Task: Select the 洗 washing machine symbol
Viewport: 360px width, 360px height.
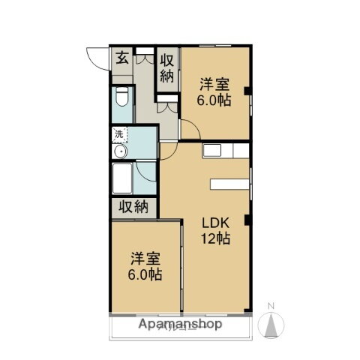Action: click(119, 135)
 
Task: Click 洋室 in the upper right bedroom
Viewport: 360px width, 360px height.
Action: click(213, 85)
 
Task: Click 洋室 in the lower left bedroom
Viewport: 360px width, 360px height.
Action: click(145, 259)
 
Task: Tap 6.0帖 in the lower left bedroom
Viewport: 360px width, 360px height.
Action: click(145, 275)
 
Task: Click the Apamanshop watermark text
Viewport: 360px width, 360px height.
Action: click(180, 325)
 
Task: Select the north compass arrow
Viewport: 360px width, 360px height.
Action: click(271, 324)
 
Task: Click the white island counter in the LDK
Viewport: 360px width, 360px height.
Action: click(229, 183)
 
